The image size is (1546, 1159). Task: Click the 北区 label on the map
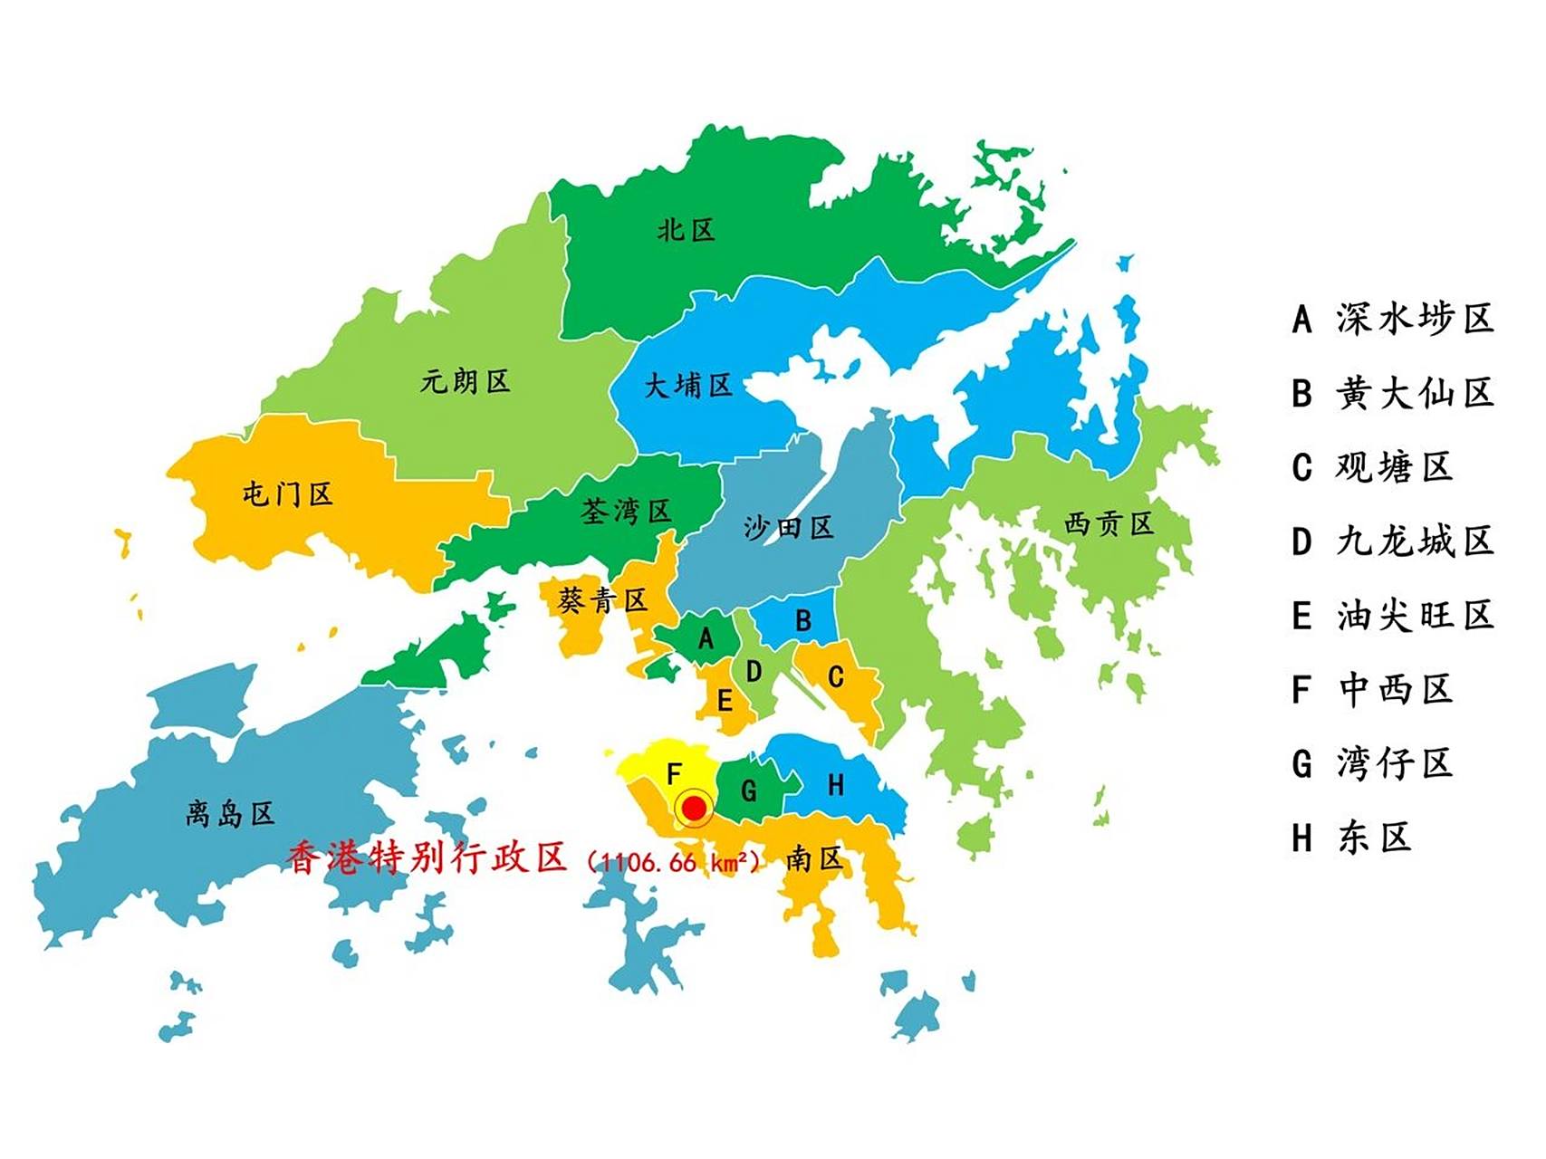coord(686,230)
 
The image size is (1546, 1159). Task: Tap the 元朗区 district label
coord(465,381)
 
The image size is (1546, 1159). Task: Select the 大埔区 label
coord(687,387)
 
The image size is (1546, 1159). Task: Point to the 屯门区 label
coord(287,494)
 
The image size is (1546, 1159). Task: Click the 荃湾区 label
coord(625,512)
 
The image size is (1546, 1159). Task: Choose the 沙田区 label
coord(787,528)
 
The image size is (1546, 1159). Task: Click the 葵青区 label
coord(602,600)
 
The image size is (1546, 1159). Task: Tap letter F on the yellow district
coord(674,774)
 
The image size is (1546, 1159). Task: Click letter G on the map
coord(749,791)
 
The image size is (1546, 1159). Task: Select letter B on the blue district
coord(802,621)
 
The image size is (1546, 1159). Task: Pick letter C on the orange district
coord(836,676)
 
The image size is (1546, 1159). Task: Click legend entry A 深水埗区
coord(1392,319)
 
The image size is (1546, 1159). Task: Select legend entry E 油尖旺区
coord(1392,616)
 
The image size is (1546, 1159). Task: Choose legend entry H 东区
coord(1351,838)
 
